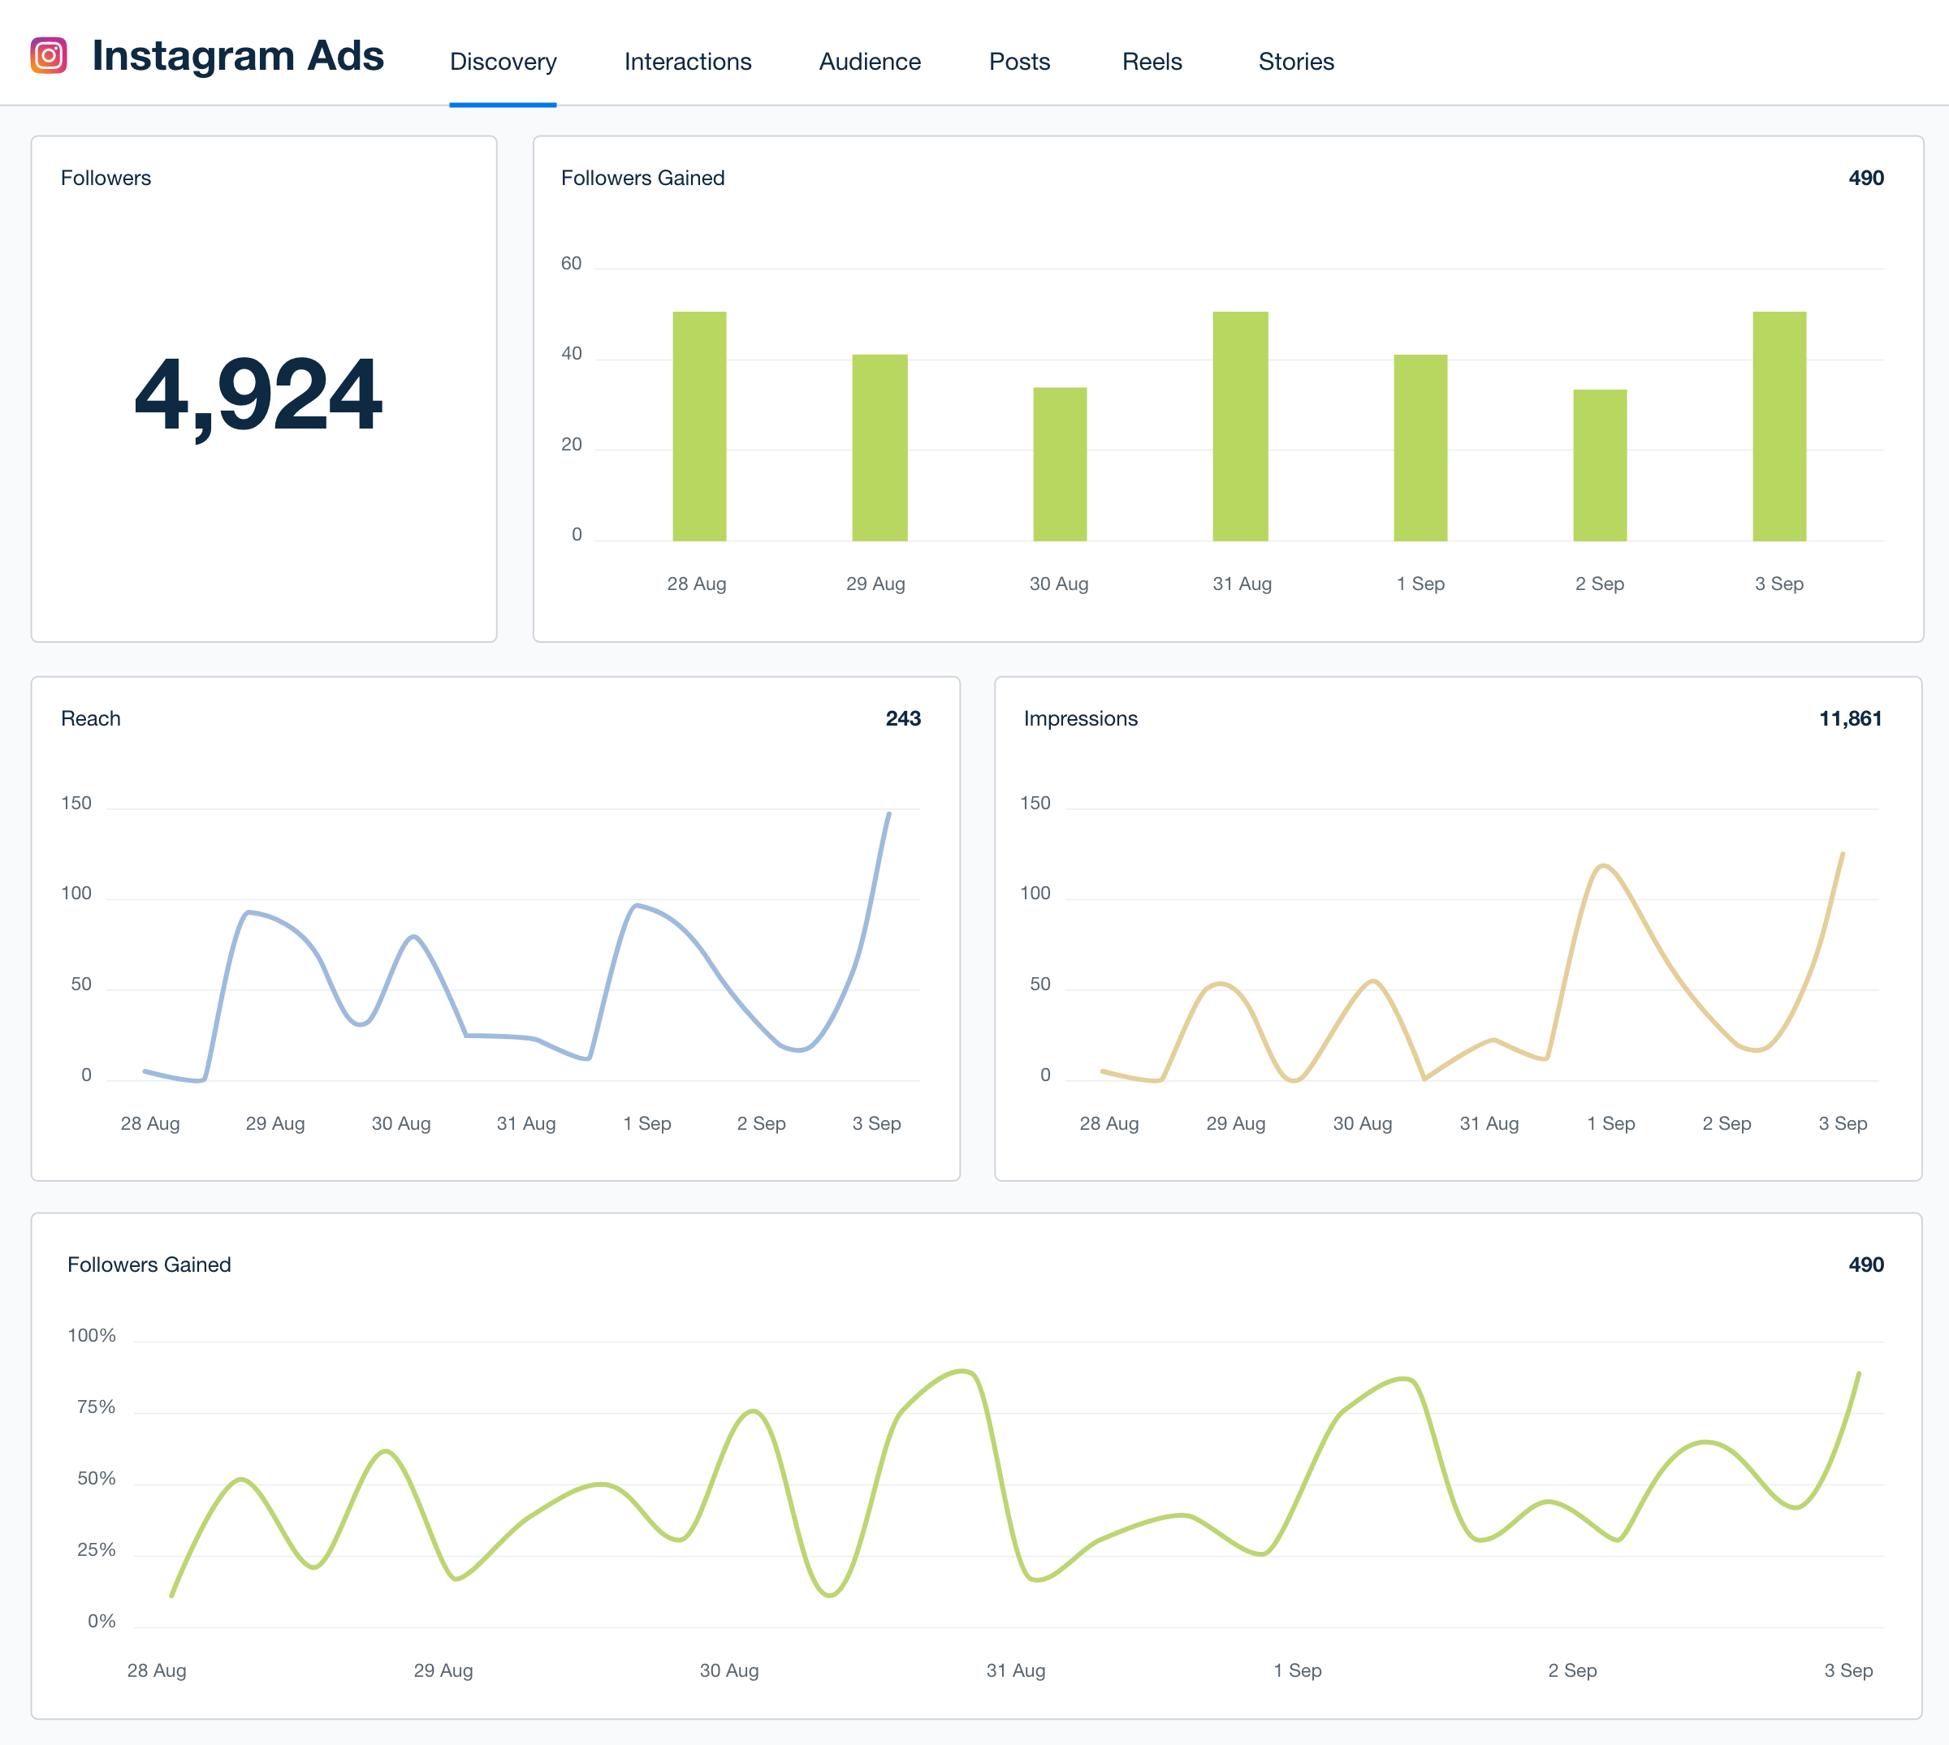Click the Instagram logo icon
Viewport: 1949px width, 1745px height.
(x=49, y=56)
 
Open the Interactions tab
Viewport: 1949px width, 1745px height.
(x=688, y=62)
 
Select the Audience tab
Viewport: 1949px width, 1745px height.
(x=869, y=62)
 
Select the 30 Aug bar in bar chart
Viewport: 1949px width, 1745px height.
(x=1059, y=464)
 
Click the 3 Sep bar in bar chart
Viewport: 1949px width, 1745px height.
(x=1778, y=426)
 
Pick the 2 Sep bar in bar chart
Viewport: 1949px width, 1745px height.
(x=1599, y=465)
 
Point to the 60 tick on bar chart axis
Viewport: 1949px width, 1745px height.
(x=572, y=264)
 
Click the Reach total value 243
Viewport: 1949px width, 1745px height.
(x=902, y=718)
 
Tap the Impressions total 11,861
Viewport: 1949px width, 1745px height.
(x=1849, y=718)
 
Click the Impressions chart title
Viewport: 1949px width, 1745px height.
(x=1080, y=718)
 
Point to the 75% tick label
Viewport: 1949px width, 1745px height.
(x=96, y=1407)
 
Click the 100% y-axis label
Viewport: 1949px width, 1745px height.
(x=92, y=1336)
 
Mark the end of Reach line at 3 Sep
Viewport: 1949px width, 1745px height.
(x=888, y=814)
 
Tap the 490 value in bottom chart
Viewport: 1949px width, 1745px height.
(x=1865, y=1265)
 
